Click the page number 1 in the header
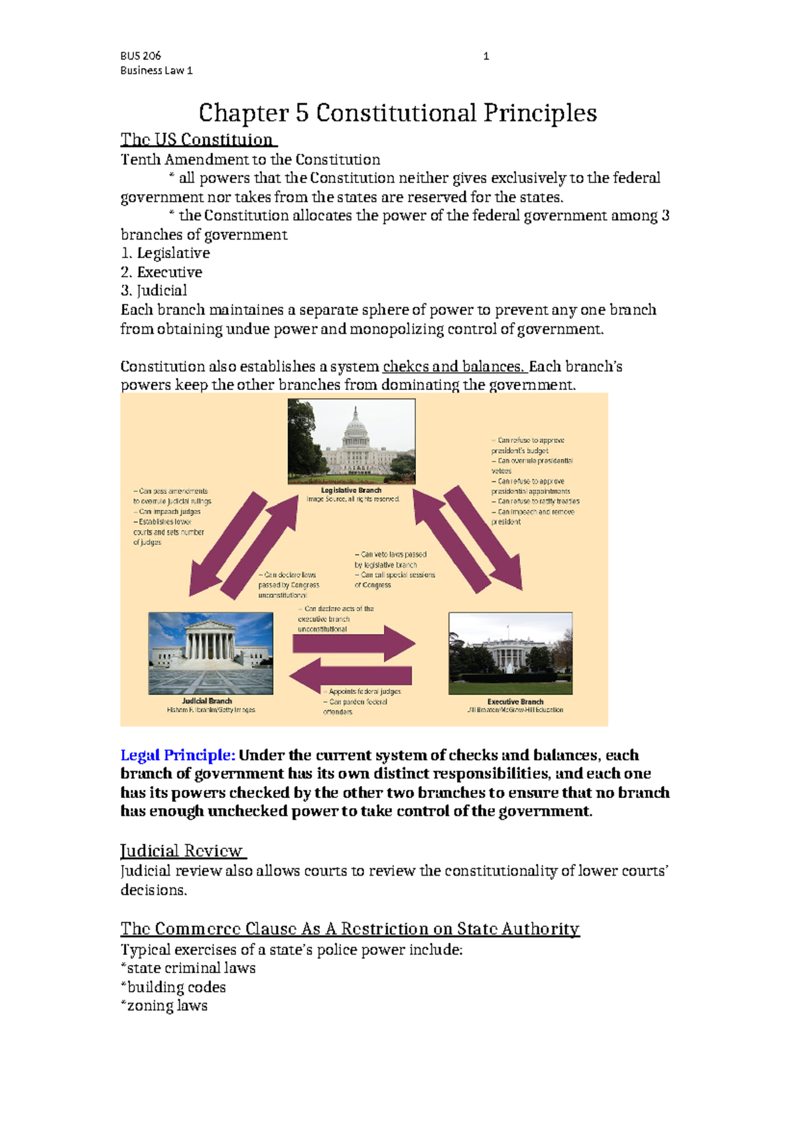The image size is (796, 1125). (486, 56)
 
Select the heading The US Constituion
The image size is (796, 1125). (197, 140)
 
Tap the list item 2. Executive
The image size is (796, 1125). (162, 272)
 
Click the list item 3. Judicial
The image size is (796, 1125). (154, 291)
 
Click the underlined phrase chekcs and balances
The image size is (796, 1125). (454, 367)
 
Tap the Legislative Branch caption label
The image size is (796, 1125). (351, 490)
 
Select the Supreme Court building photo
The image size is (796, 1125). (210, 653)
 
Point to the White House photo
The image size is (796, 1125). (510, 653)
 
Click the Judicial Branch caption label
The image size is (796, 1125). (207, 700)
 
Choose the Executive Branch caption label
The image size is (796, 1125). (515, 701)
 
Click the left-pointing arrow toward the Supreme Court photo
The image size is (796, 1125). (350, 676)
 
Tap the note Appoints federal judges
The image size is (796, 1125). (364, 691)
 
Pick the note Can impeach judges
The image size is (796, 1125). (169, 511)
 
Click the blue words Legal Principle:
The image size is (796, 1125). (178, 756)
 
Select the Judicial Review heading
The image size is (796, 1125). (182, 851)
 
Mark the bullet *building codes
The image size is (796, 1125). (173, 987)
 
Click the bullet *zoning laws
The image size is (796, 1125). (164, 1006)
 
